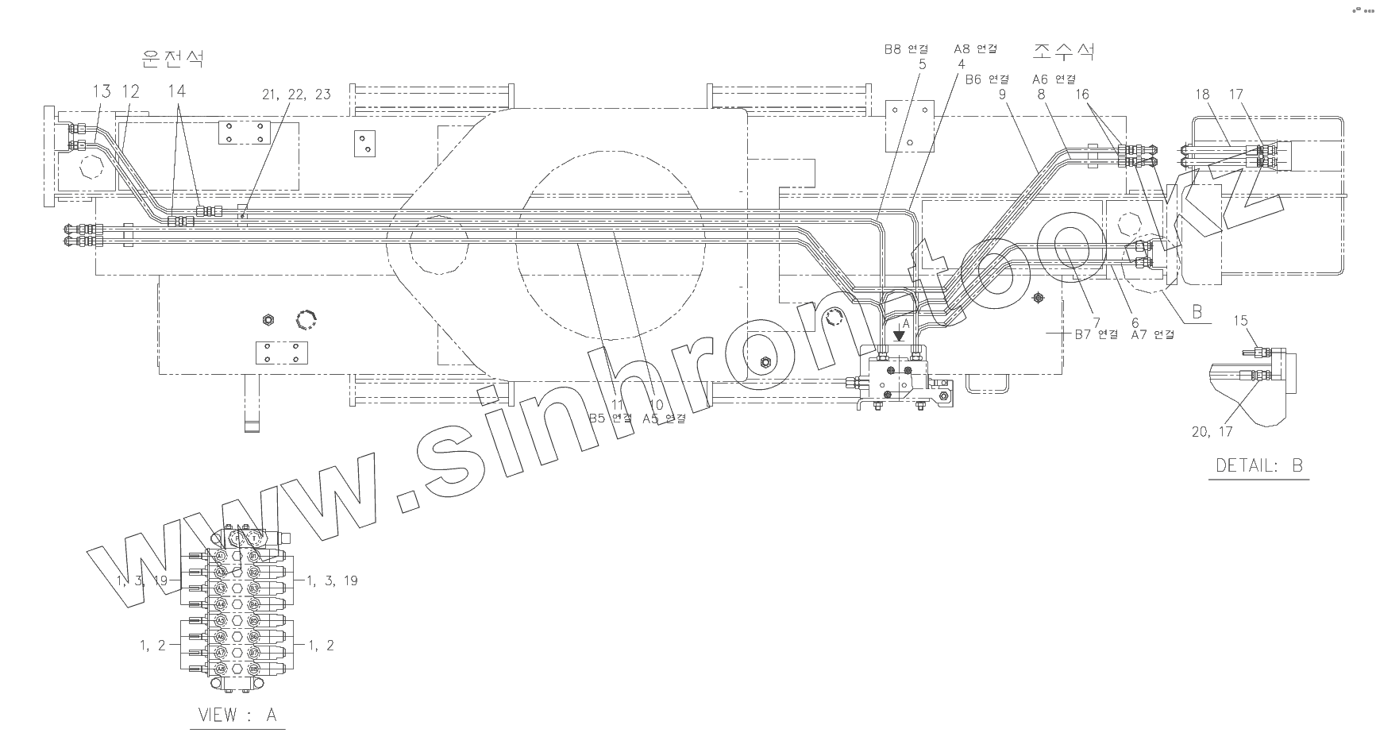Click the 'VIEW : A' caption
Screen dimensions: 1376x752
pyautogui.click(x=237, y=715)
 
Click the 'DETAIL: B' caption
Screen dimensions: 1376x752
pyautogui.click(x=1259, y=465)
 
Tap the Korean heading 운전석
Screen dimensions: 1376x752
pyautogui.click(x=171, y=58)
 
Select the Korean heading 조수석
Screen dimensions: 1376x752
pyautogui.click(x=1063, y=52)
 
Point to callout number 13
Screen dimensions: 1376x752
pyautogui.click(x=102, y=91)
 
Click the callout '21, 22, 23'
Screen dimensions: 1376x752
pyautogui.click(x=296, y=94)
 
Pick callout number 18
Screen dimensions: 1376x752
pyautogui.click(x=1202, y=94)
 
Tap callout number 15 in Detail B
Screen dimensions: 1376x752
pyautogui.click(x=1240, y=321)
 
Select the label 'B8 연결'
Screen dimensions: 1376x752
pyautogui.click(x=906, y=49)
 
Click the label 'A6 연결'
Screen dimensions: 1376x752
pyautogui.click(x=1054, y=79)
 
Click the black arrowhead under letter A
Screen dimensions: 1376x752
pyautogui.click(x=898, y=336)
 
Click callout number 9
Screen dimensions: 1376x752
pyautogui.click(x=1003, y=94)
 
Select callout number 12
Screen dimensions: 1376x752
pyautogui.click(x=131, y=91)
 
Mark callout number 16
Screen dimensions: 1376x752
pyautogui.click(x=1082, y=94)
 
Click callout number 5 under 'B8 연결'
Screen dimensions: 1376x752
pyautogui.click(x=922, y=64)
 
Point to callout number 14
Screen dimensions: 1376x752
pyautogui.click(x=176, y=91)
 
